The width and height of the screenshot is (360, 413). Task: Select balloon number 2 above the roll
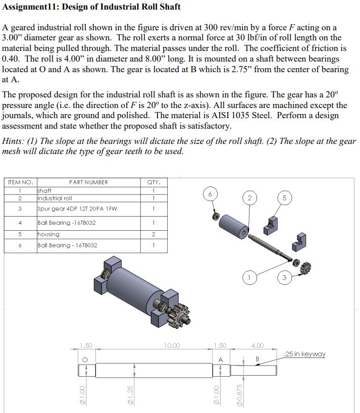tap(248, 198)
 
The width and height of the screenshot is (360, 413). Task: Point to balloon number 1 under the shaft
tap(248, 276)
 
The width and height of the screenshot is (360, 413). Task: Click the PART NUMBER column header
tap(88, 182)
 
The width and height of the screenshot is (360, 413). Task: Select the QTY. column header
tap(153, 182)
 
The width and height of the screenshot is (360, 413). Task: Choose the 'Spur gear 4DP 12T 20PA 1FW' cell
tap(70, 209)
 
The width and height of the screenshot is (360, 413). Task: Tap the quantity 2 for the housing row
tap(153, 234)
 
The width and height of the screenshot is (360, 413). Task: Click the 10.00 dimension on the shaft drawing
tap(172, 345)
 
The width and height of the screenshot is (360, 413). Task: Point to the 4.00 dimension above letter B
tap(258, 345)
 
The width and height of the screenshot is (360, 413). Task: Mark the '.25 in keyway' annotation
tap(305, 354)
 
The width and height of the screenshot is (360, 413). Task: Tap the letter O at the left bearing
tap(85, 359)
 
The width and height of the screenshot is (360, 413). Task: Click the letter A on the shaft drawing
tap(220, 359)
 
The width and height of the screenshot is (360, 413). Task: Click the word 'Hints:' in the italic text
tap(14, 141)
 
